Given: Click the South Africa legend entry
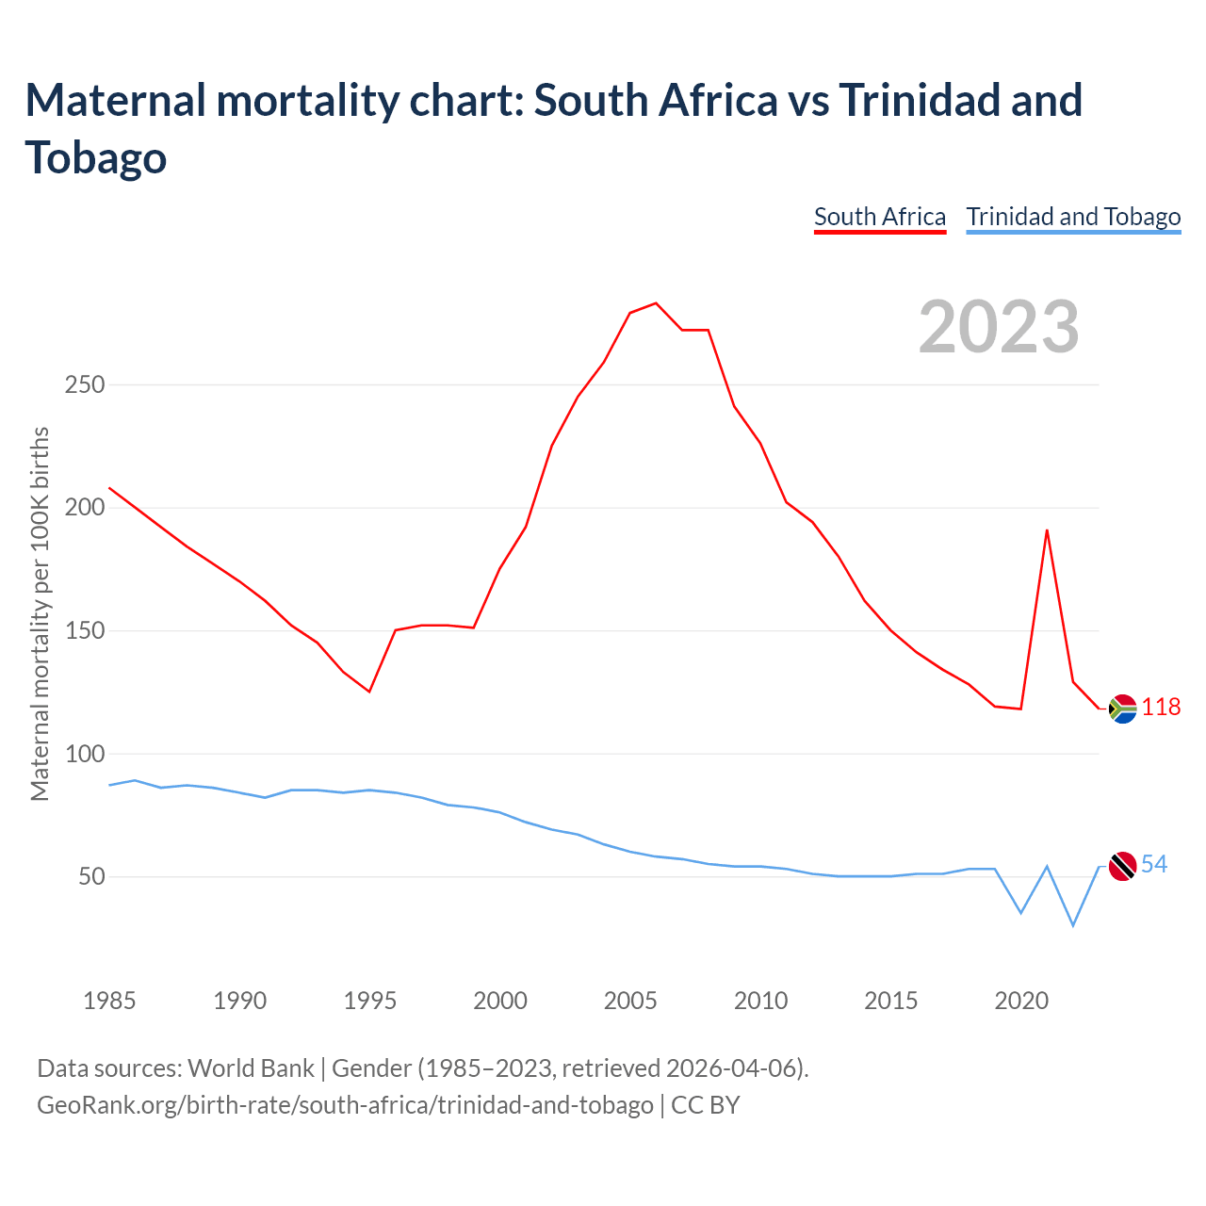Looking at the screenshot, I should [879, 218].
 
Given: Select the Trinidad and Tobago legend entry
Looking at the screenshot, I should [1073, 218].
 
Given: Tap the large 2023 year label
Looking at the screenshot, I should [999, 327].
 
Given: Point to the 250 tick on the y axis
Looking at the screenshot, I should [85, 385].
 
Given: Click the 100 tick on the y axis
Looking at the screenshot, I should [85, 755].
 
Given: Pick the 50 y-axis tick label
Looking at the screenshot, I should [91, 877].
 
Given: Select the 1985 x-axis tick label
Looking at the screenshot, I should [109, 1001].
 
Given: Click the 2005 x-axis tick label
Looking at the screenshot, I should [630, 1001].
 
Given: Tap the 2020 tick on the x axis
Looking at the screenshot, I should [1021, 1001].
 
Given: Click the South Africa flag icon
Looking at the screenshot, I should [1123, 708].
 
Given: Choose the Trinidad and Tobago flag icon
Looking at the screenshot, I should [1123, 865].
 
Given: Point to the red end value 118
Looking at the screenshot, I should [1161, 708].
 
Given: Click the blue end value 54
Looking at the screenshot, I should [1154, 865].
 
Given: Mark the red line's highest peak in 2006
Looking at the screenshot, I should [656, 303].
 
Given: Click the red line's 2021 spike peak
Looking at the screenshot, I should [1047, 530].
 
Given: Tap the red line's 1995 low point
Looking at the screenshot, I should [369, 692].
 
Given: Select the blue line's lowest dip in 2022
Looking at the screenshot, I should [1073, 925].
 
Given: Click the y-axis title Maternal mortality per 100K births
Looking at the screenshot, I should [40, 613].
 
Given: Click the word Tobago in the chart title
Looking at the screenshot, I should [96, 157].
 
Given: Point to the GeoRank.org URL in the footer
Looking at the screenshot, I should [345, 1104].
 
